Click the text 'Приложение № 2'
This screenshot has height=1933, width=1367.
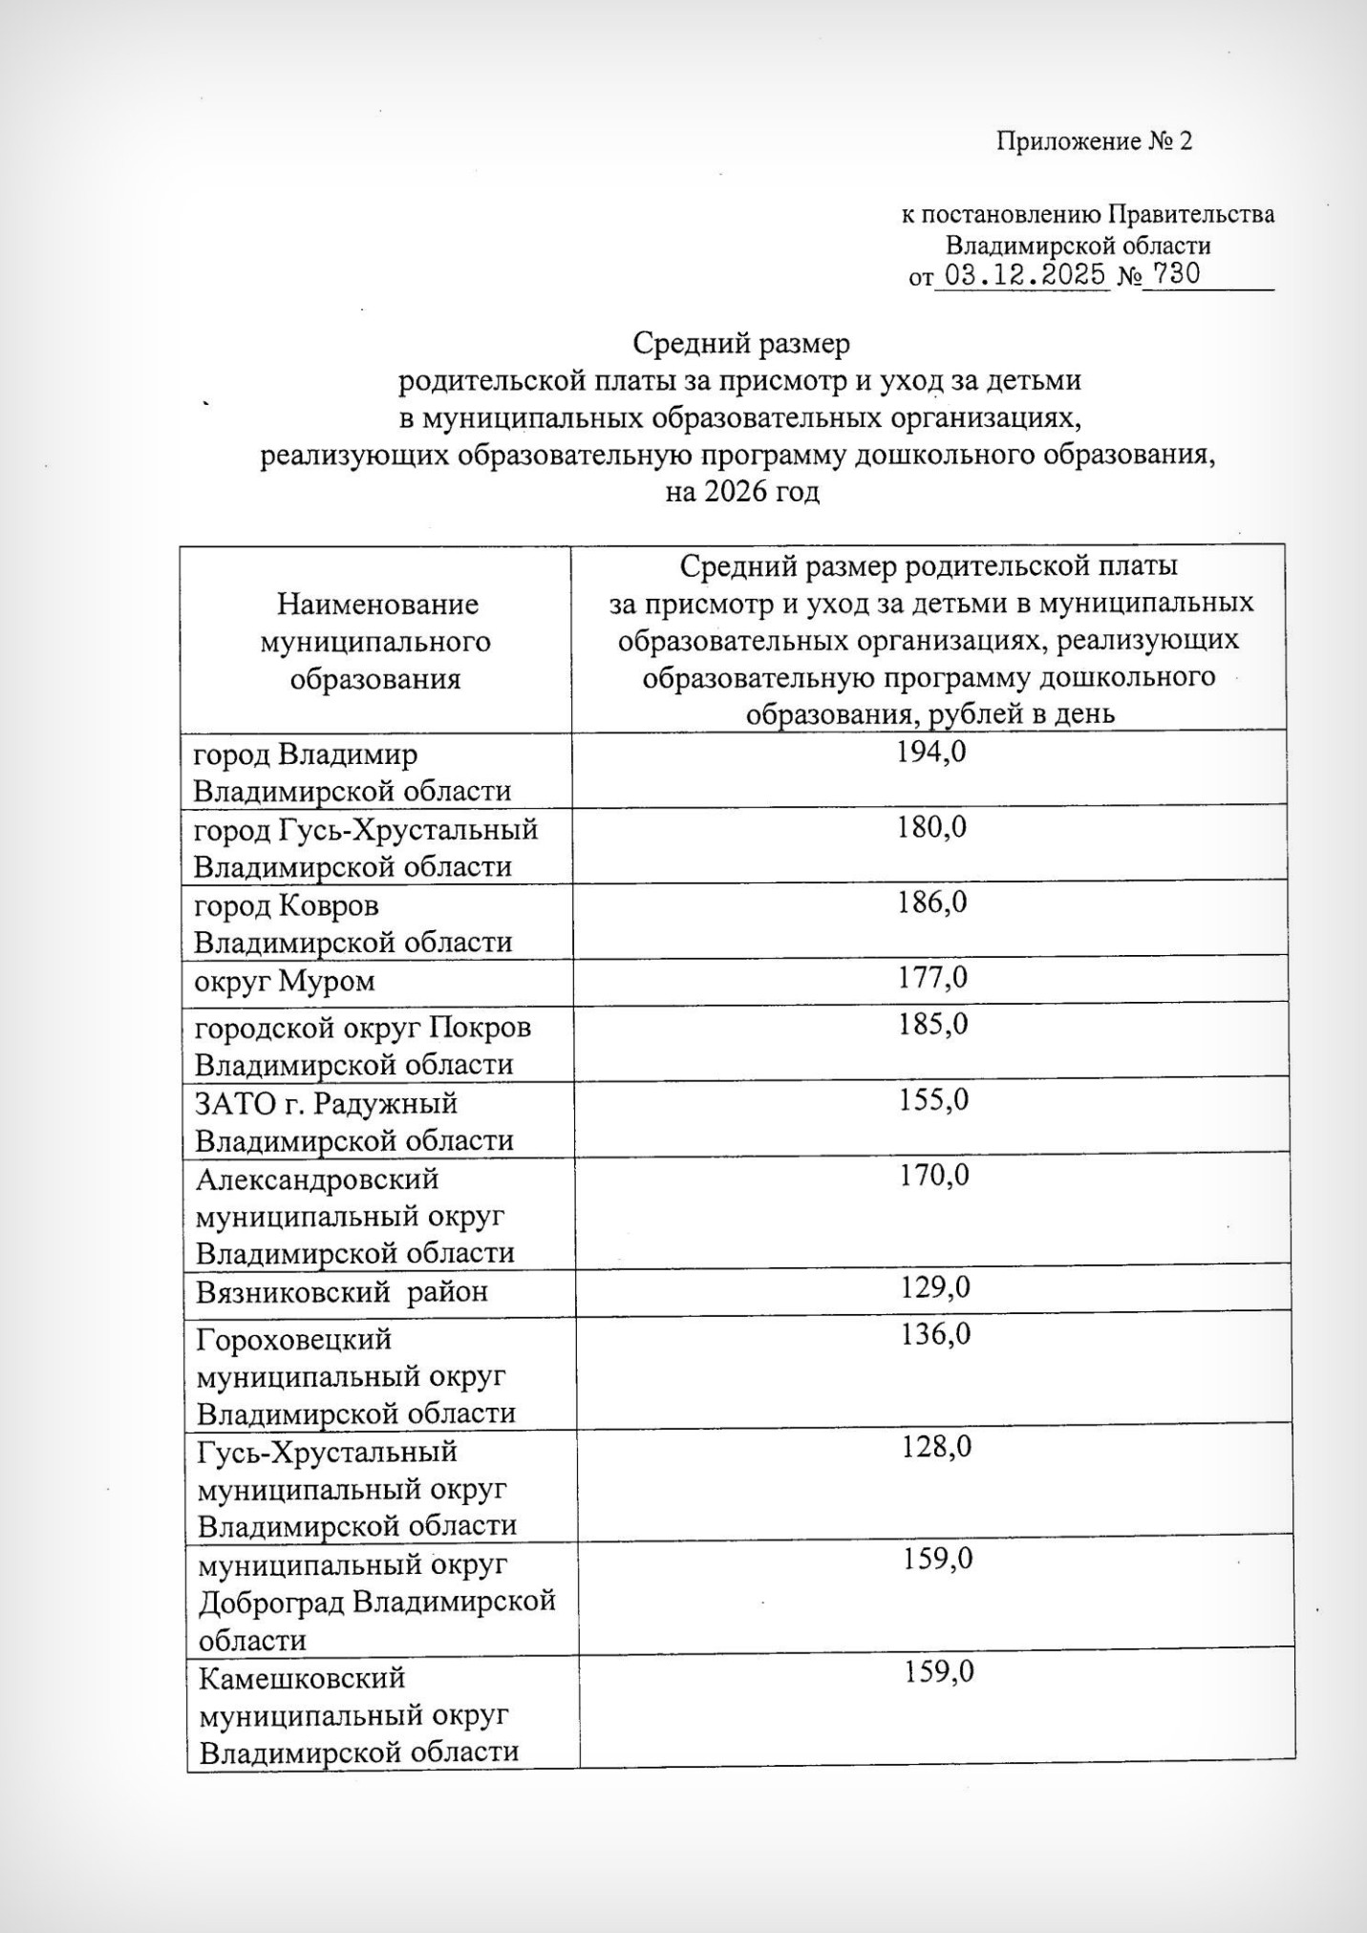(x=1095, y=142)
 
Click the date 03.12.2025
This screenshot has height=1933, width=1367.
(x=1021, y=275)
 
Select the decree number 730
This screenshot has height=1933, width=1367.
(x=1176, y=275)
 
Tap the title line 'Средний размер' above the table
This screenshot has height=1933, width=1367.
(x=740, y=343)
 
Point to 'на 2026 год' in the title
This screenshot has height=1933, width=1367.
(x=742, y=493)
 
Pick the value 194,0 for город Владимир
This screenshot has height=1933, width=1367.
(x=931, y=753)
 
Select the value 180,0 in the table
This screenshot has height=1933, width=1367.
(x=931, y=828)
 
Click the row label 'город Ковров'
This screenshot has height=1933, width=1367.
(x=287, y=905)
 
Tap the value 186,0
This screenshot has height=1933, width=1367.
(x=931, y=903)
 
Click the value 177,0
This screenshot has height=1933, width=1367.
(x=932, y=978)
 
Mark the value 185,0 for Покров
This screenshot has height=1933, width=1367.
(x=932, y=1025)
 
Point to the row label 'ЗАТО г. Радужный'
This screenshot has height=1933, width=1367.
(x=327, y=1104)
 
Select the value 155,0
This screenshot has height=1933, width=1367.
(x=933, y=1100)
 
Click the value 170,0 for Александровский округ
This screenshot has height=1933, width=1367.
(x=934, y=1176)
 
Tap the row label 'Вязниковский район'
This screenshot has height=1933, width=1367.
(x=342, y=1293)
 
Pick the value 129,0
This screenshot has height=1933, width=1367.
(x=935, y=1288)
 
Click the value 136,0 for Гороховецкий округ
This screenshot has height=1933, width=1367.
(x=935, y=1335)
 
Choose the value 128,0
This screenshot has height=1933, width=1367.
(x=936, y=1448)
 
